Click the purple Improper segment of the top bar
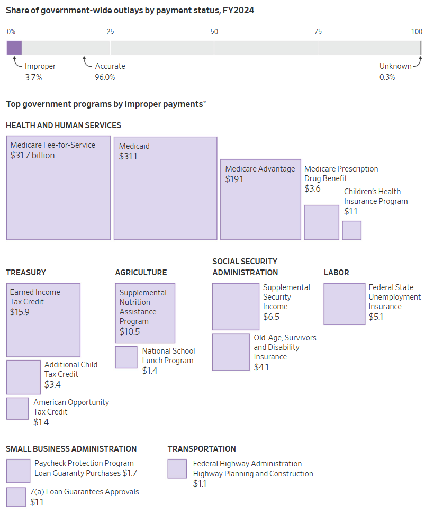(14, 48)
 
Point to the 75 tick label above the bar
(318, 32)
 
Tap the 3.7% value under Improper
(33, 77)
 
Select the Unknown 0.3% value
(387, 77)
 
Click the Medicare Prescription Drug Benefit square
(321, 222)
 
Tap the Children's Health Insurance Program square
(351, 230)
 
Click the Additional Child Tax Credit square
(23, 377)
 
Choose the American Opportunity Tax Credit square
(17, 408)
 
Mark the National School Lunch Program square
(126, 357)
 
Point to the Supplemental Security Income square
(236, 307)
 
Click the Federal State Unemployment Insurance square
(344, 304)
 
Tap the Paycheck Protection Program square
(18, 471)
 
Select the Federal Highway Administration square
(177, 469)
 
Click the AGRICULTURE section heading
(141, 273)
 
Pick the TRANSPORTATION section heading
(202, 449)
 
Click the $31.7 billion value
(32, 155)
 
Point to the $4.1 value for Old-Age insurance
(261, 366)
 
